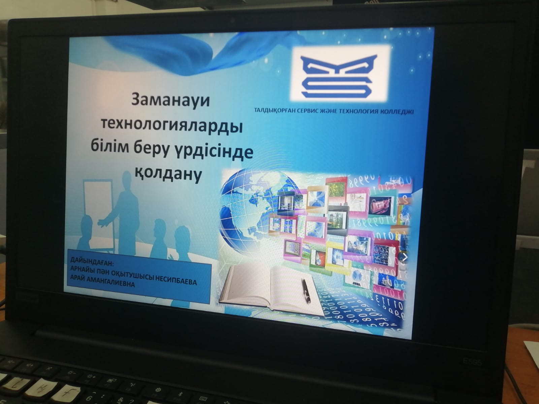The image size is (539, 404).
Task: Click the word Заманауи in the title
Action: (170, 100)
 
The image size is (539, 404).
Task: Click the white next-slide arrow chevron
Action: (405, 257)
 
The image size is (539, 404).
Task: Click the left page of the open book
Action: (246, 286)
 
